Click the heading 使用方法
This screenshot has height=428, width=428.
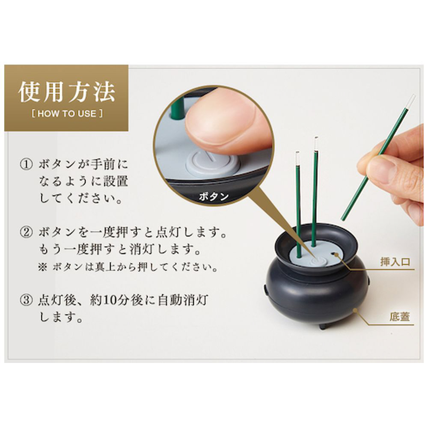pos(67,92)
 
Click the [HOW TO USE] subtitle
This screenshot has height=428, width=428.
pos(67,113)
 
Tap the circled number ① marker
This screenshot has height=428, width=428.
pos(27,165)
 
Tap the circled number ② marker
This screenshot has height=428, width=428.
pos(27,232)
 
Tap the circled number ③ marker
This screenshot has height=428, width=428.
pos(27,300)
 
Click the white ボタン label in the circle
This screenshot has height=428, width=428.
pos(214,196)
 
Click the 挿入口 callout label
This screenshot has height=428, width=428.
pos(395,262)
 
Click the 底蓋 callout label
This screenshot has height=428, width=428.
pos(400,317)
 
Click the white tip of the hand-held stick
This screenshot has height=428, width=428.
pos(411,101)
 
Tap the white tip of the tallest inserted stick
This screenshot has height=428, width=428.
pos(316,143)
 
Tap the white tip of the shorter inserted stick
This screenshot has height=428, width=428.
pos(297,157)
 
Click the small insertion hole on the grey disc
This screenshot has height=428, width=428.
pos(333,253)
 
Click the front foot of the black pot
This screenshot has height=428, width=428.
pos(324,326)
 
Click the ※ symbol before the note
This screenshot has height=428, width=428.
pos(43,267)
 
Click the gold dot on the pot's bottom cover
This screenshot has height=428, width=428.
pos(355,310)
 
